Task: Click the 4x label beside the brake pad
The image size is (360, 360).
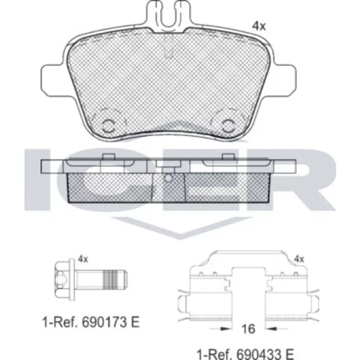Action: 259,26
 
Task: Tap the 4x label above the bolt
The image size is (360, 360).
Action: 84,259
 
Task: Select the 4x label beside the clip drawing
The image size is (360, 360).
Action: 299,259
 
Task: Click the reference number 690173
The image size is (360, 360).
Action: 105,322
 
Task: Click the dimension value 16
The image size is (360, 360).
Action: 248,328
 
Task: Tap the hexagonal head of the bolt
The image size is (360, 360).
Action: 63,279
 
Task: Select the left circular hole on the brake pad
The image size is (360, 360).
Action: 108,125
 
